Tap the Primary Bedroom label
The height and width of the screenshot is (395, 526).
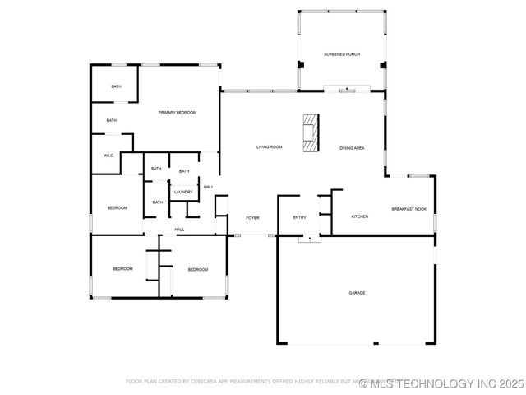point(178,112)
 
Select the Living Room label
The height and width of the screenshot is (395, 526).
point(270,147)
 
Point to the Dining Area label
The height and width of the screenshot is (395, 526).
point(353,148)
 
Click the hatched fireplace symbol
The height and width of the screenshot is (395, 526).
point(311,133)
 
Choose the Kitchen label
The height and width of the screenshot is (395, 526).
point(360,216)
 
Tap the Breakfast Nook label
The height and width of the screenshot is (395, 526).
point(408,209)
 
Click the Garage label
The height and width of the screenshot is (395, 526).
point(357,293)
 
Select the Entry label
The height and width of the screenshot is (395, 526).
point(299,217)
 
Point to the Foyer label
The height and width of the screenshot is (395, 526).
point(253,218)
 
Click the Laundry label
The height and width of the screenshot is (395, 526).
point(183,193)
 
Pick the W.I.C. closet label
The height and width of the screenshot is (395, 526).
point(108,156)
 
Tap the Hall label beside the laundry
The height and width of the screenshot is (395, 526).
point(209,187)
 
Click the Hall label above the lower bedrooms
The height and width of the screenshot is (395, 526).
point(179,230)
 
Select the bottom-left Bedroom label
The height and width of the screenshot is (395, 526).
point(123,269)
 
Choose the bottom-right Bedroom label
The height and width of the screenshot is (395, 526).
point(197,270)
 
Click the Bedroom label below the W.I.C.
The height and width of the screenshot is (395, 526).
point(118,208)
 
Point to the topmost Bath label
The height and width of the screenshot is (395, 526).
point(117,86)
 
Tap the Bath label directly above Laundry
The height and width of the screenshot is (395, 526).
point(184,171)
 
